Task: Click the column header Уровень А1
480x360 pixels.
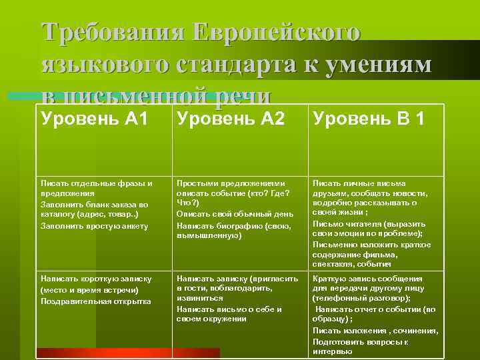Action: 94,119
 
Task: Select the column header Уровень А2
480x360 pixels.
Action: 230,119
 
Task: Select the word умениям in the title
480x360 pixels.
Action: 383,65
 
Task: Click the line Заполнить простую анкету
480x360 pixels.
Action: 94,225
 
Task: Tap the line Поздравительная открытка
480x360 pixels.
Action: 95,301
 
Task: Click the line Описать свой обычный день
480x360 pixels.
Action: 233,214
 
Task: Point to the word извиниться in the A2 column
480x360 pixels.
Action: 199,299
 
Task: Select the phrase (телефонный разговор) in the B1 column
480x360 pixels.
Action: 361,299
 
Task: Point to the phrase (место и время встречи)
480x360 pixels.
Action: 89,290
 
